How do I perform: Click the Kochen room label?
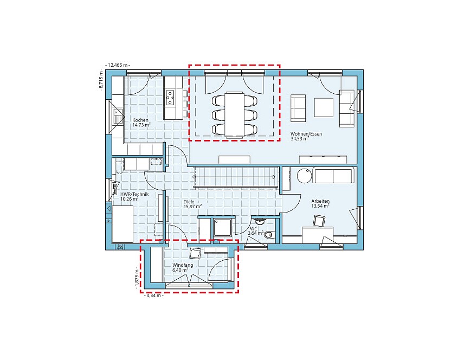[x=140, y=120]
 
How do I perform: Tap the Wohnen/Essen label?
[x=306, y=134]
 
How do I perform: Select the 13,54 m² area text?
[x=320, y=206]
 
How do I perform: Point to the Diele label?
[x=189, y=202]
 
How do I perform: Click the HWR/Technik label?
[x=134, y=194]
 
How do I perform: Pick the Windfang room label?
[x=183, y=265]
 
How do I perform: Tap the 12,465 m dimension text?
[x=118, y=65]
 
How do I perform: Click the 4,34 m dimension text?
[x=154, y=295]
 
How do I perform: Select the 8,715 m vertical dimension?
[x=101, y=80]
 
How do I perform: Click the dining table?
[x=235, y=114]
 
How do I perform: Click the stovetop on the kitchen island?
[x=170, y=98]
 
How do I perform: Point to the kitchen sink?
[x=118, y=116]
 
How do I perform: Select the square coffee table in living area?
[x=324, y=107]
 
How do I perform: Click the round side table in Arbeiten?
[x=304, y=176]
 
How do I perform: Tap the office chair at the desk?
[x=319, y=221]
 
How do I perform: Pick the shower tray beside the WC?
[x=223, y=228]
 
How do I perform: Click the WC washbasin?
[x=259, y=222]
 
